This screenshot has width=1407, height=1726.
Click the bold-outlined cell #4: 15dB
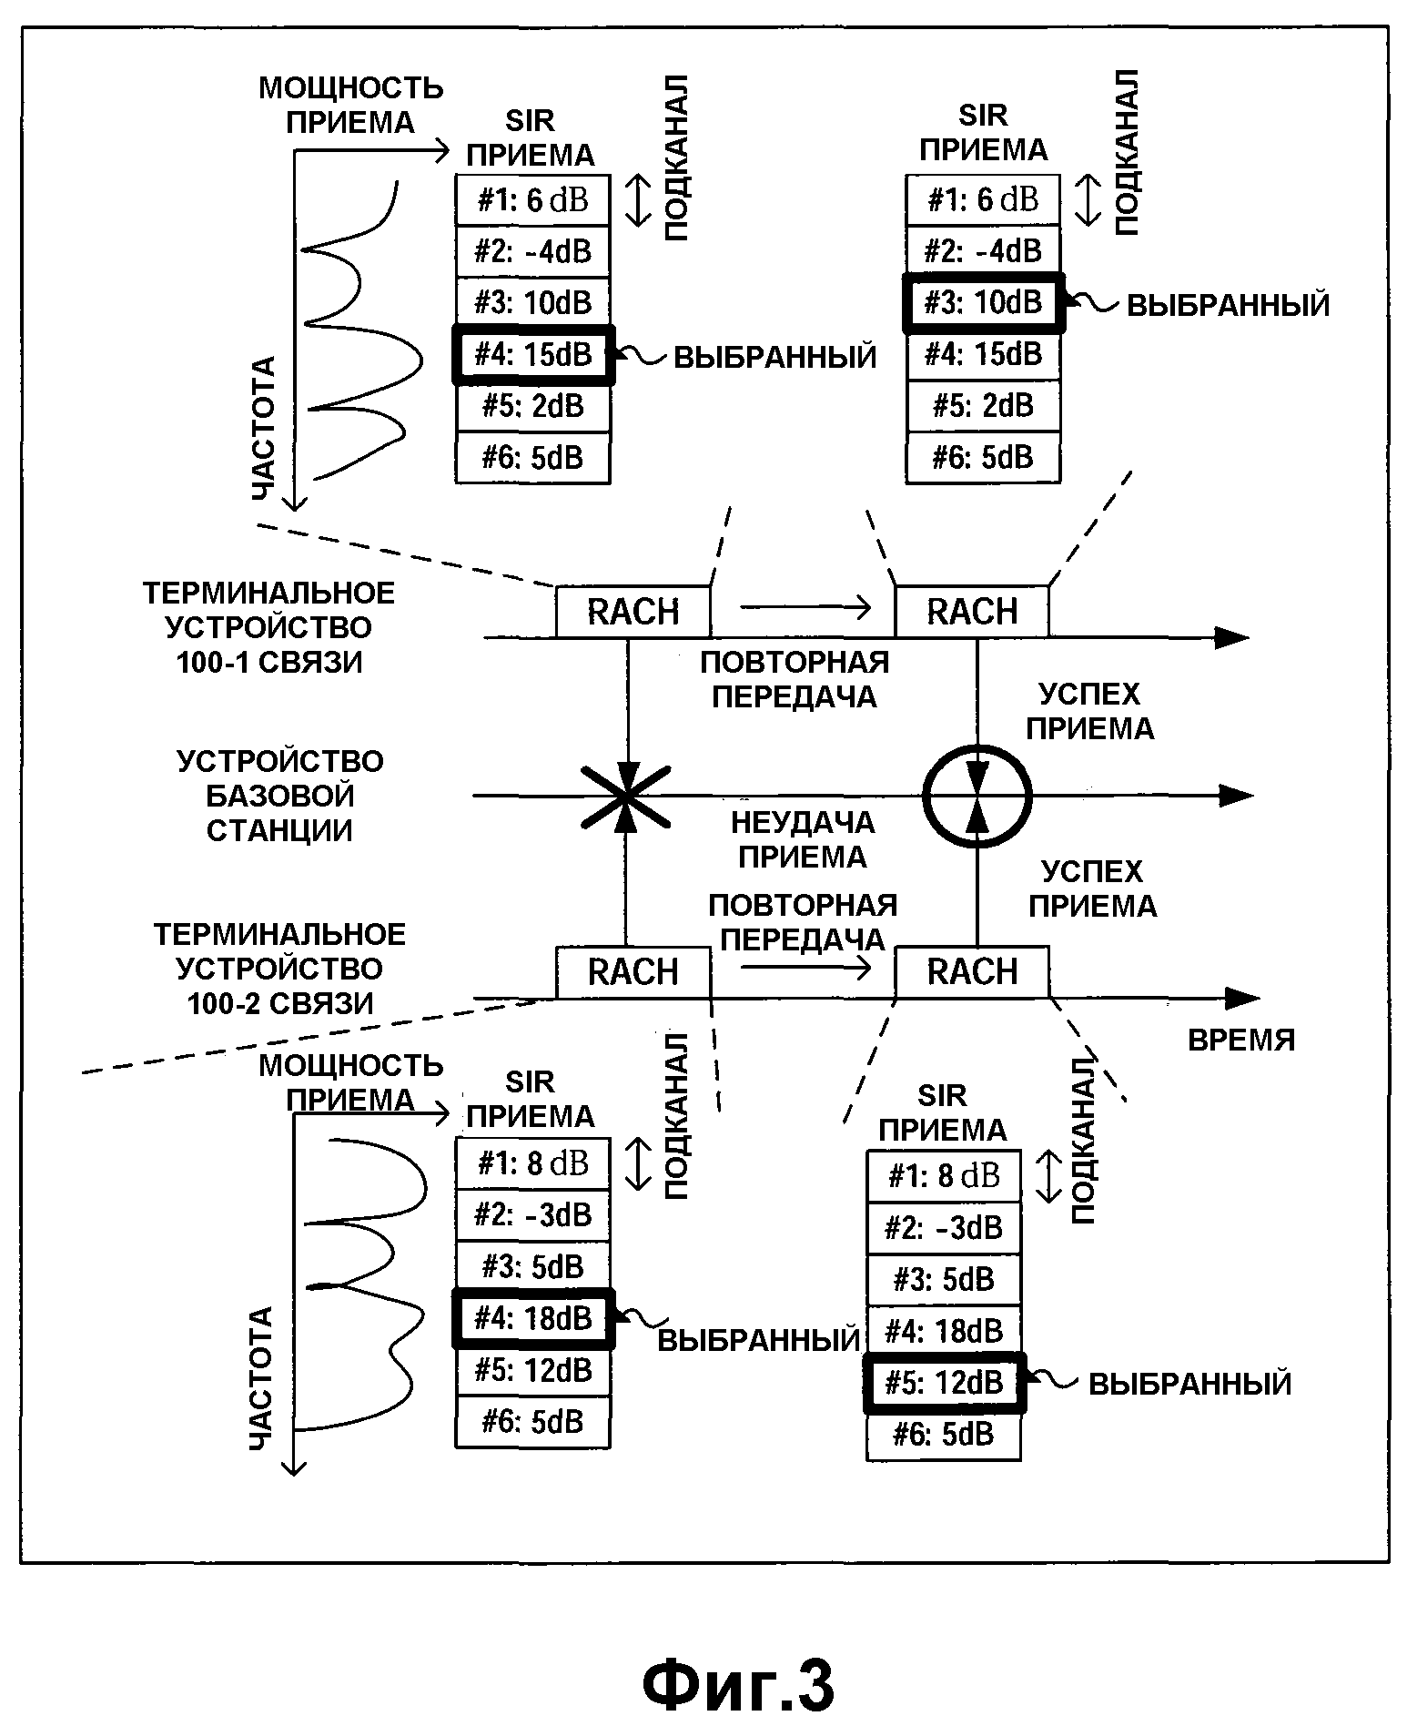point(533,354)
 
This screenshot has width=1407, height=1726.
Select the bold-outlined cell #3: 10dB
point(983,302)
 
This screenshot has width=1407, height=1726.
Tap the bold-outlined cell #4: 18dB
point(533,1318)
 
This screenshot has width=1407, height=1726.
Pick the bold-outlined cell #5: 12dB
point(944,1383)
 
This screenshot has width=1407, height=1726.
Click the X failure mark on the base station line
point(626,797)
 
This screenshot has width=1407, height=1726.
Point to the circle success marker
point(977,797)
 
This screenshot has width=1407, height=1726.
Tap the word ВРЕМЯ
point(1241,1040)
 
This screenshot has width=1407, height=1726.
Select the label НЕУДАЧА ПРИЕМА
point(803,839)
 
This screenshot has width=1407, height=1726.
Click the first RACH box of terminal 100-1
point(633,612)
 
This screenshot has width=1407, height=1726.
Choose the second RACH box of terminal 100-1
point(972,612)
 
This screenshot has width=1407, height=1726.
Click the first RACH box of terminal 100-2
point(633,972)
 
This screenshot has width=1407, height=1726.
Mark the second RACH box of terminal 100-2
point(972,972)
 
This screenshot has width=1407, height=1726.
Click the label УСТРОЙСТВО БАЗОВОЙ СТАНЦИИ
point(279,796)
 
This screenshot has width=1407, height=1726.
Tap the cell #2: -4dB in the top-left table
point(533,251)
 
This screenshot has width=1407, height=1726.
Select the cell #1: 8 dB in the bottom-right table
point(944,1176)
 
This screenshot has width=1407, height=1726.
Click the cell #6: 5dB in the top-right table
point(983,457)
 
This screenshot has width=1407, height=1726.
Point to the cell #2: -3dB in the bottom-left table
point(533,1214)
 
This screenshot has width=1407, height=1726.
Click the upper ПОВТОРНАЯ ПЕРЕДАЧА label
point(795,679)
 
